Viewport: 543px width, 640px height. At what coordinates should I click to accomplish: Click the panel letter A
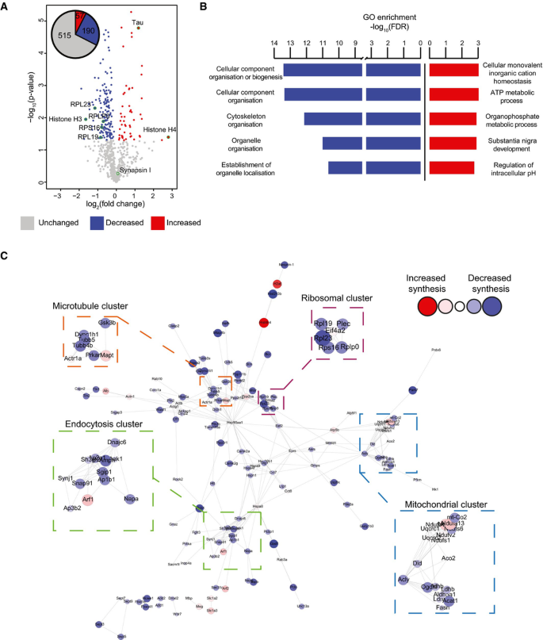click(x=9, y=6)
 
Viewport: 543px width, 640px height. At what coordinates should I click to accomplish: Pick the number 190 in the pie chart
click(x=89, y=30)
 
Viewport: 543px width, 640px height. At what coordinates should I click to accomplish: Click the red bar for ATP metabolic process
click(x=453, y=94)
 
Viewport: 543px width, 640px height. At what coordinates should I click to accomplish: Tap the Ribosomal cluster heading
click(x=336, y=298)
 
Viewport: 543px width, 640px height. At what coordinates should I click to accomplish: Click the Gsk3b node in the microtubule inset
click(x=107, y=324)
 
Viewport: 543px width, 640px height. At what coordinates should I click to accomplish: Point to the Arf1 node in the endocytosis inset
click(x=88, y=500)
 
